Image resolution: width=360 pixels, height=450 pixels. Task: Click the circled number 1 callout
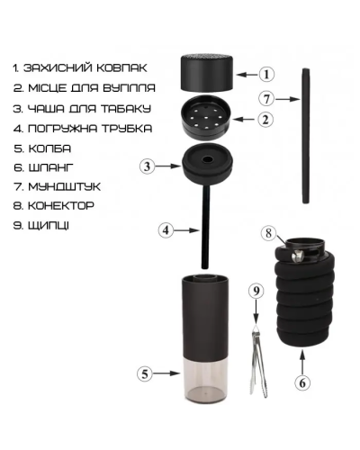tap(266, 74)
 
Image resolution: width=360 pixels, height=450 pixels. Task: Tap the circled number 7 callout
tap(266, 99)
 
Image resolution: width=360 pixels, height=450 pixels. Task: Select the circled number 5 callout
tap(145, 373)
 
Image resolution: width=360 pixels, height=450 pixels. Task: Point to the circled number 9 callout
tap(256, 291)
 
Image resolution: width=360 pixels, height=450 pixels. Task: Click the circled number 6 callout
tap(302, 382)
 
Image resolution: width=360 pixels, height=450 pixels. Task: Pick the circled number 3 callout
tap(148, 166)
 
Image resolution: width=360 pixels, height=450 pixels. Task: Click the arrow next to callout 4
tap(187, 230)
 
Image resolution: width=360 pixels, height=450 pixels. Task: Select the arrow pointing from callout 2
tap(245, 120)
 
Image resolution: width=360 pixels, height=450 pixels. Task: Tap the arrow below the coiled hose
tap(302, 363)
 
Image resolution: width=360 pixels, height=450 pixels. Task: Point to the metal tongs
tap(257, 362)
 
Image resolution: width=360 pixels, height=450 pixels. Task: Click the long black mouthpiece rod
tap(305, 136)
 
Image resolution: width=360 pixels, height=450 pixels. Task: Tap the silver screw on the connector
tap(297, 256)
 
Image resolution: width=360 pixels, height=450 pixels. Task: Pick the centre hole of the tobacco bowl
tap(207, 159)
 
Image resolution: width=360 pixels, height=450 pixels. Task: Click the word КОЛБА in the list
tap(49, 148)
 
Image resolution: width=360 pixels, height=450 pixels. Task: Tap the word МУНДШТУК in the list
tap(65, 187)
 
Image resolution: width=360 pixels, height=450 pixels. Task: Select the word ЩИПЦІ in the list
tap(49, 226)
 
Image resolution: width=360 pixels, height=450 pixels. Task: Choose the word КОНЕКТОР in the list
tap(61, 206)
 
